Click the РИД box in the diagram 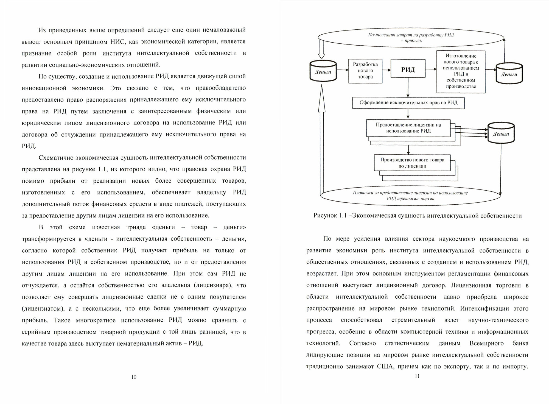coord(408,69)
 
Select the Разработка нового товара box coord(365,71)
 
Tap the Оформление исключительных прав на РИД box coord(408,103)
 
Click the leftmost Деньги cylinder coord(323,71)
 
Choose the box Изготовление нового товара coord(461,71)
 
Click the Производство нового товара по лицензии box coord(412,163)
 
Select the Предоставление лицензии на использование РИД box coord(408,128)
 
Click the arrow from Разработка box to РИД coord(386,70)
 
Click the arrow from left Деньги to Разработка coord(343,70)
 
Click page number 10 coord(134,377)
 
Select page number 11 coord(417,376)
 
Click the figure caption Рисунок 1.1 coord(417,216)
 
